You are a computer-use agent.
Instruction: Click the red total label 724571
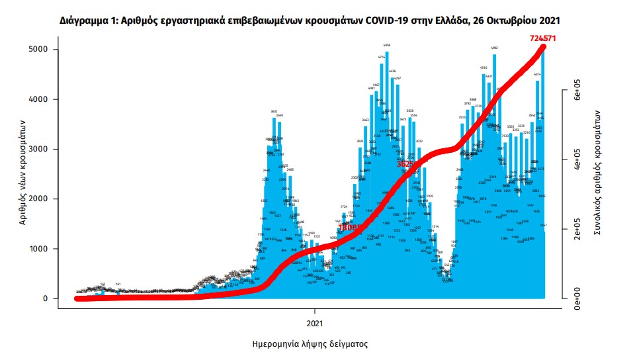(x=542, y=38)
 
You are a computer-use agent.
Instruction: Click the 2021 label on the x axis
(x=315, y=324)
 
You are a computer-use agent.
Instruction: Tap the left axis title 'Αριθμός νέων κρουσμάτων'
(x=22, y=172)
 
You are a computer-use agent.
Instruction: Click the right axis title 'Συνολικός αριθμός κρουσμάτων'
(x=599, y=171)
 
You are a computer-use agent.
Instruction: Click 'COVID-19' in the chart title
(x=377, y=21)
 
